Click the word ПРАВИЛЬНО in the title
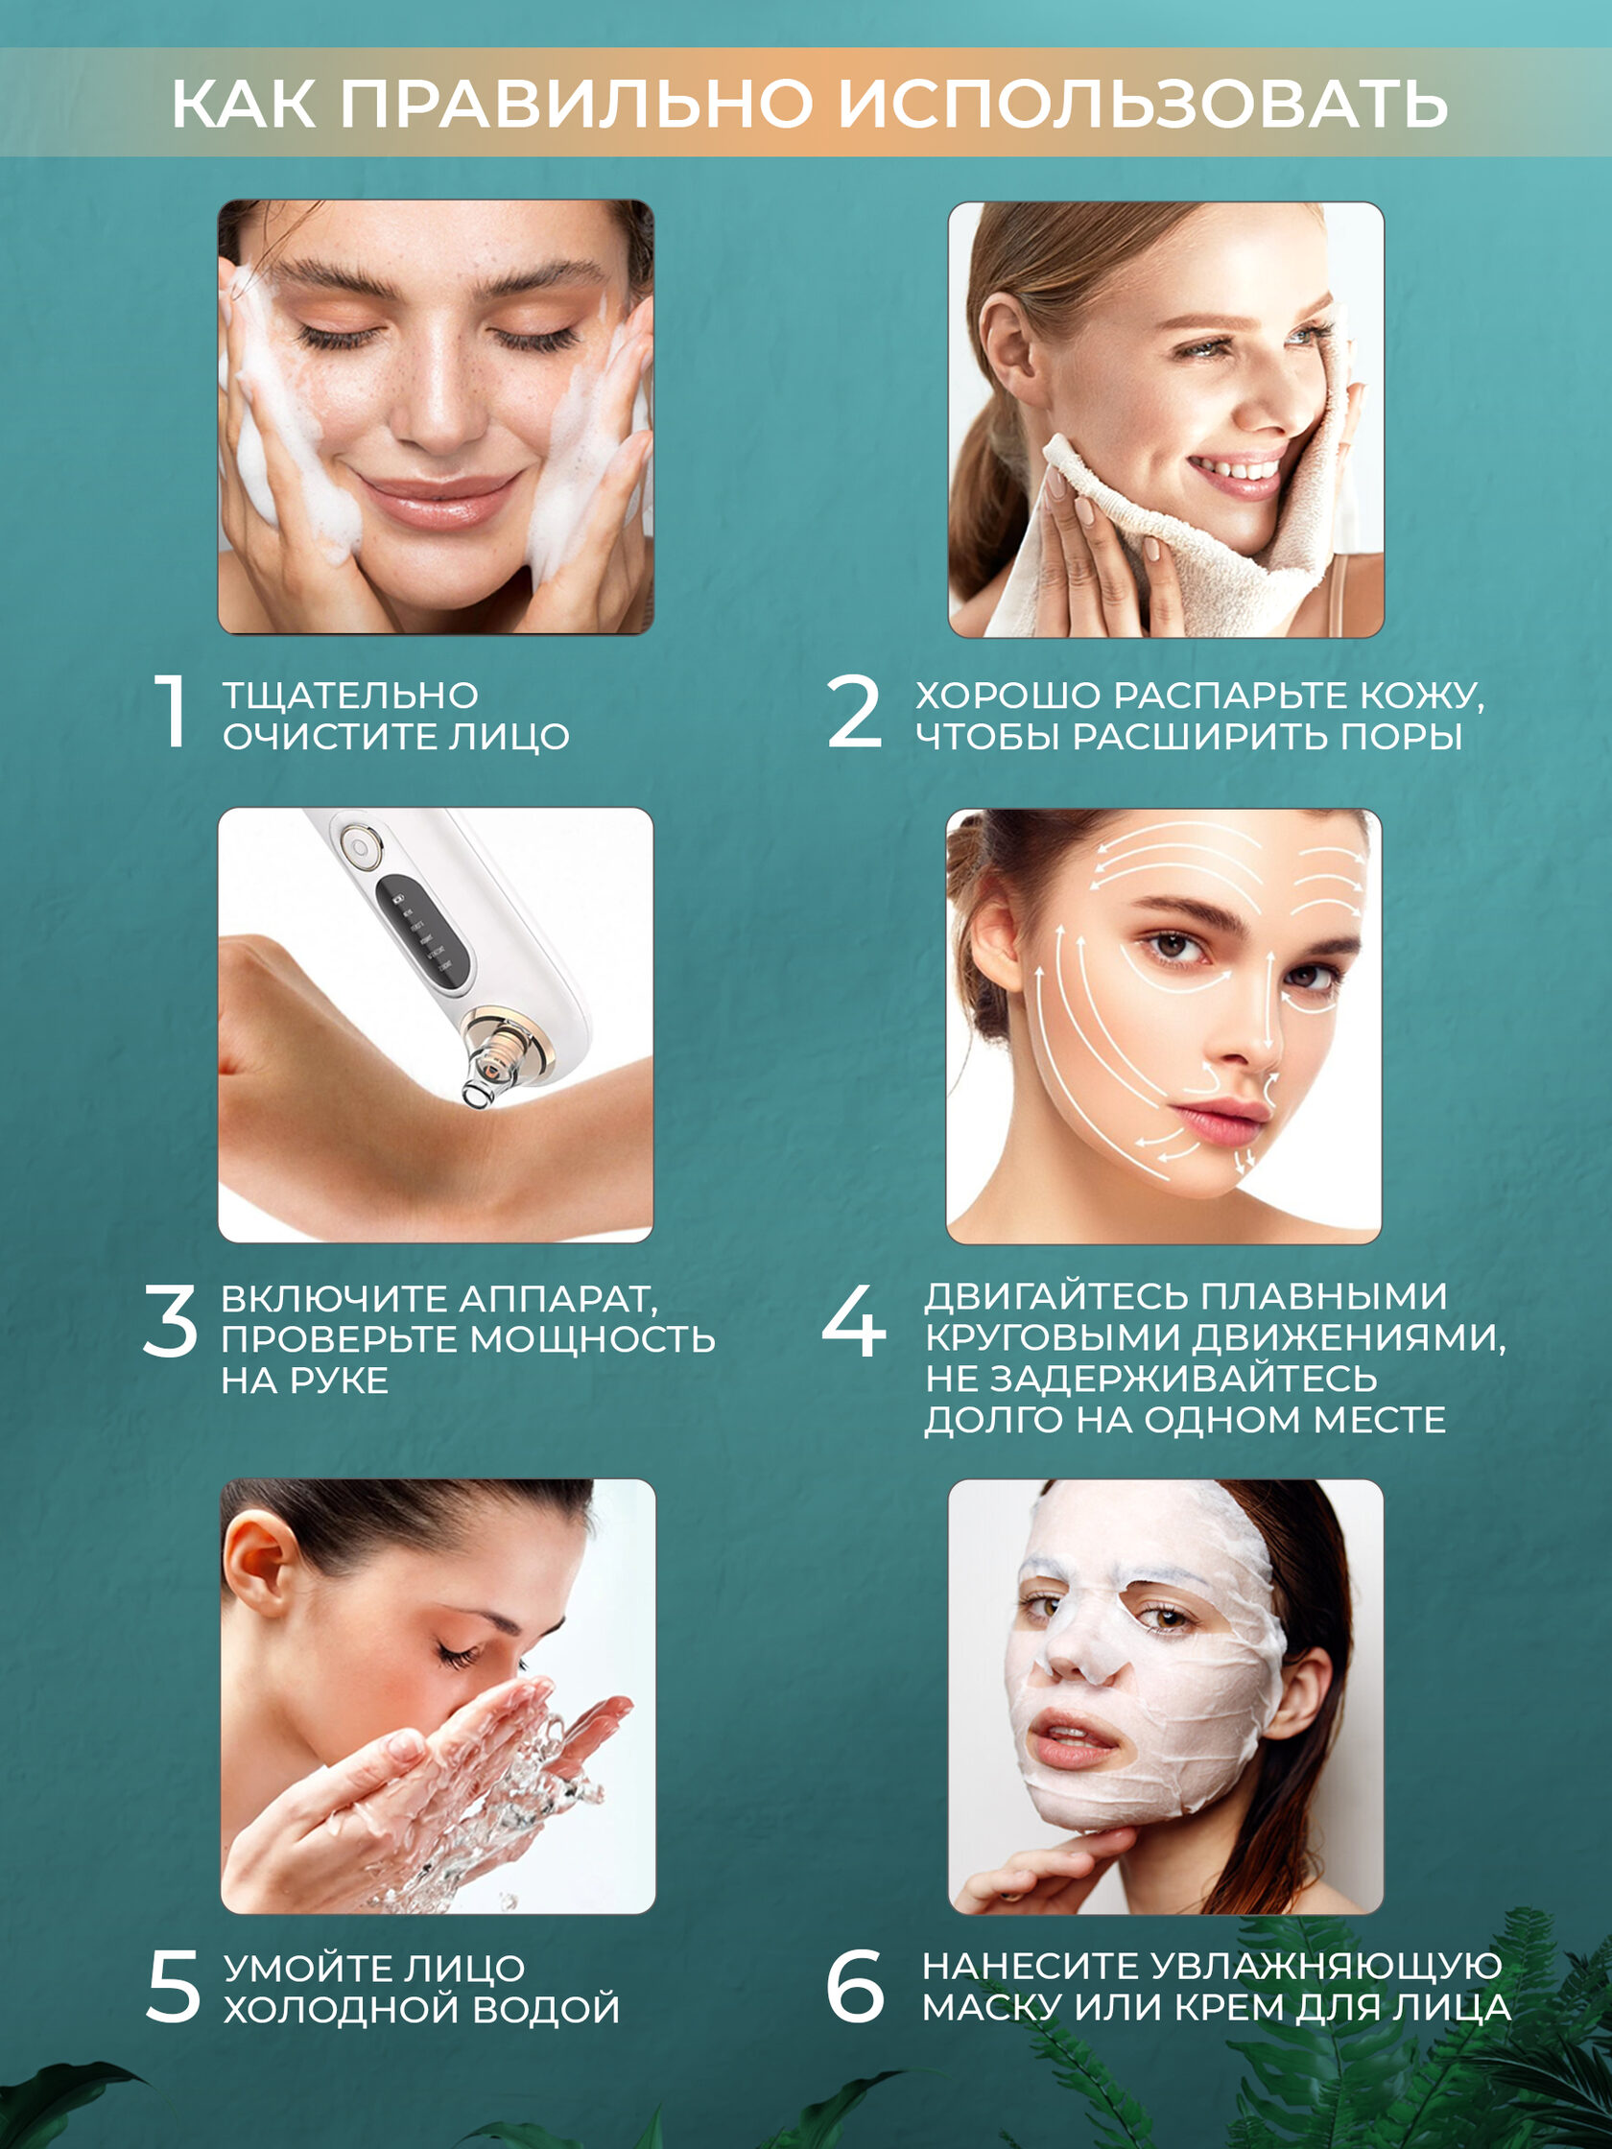(x=575, y=103)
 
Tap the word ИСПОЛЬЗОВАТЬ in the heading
(x=1143, y=103)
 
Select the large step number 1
(x=172, y=711)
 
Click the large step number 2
(x=854, y=711)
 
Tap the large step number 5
(x=173, y=1987)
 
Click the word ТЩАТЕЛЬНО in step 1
(x=351, y=696)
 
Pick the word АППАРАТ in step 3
(x=557, y=1299)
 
